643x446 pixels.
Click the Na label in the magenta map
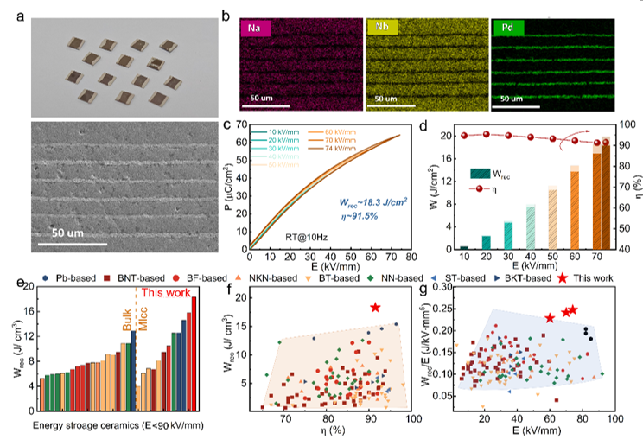(x=257, y=29)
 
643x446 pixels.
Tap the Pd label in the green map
(x=506, y=29)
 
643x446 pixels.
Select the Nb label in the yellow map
(x=380, y=29)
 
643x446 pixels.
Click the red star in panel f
(x=374, y=308)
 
